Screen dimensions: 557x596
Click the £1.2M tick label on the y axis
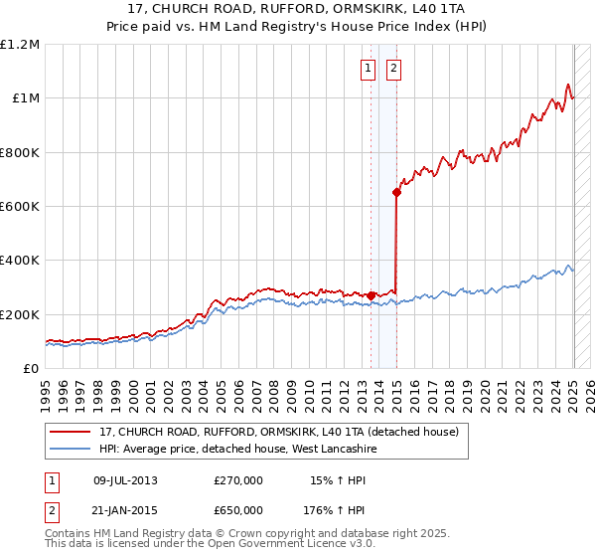pyautogui.click(x=20, y=45)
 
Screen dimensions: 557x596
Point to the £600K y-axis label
pyautogui.click(x=20, y=207)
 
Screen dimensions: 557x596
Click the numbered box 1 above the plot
pyautogui.click(x=368, y=68)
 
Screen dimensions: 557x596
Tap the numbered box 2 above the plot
pyautogui.click(x=394, y=68)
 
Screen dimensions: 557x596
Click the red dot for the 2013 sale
pyautogui.click(x=371, y=295)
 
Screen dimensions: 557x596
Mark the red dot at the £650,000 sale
pyautogui.click(x=396, y=193)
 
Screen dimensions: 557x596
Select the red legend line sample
pyautogui.click(x=71, y=432)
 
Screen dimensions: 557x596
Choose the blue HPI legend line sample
pyautogui.click(x=71, y=449)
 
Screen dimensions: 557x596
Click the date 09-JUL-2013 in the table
pyautogui.click(x=125, y=479)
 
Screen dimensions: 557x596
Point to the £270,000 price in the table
pyautogui.click(x=238, y=479)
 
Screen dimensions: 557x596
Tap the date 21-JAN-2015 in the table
pyautogui.click(x=125, y=511)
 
